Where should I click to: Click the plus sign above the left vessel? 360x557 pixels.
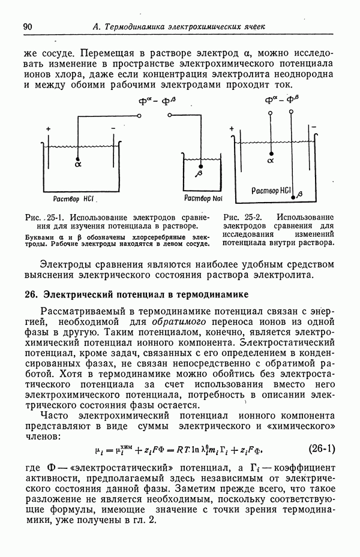pos(48,129)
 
